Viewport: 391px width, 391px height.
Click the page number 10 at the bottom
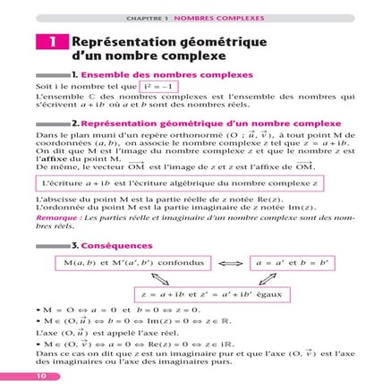[x=41, y=376]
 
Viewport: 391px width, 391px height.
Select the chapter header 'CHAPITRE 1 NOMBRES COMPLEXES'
[x=194, y=16]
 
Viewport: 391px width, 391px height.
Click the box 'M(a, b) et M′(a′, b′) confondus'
[x=135, y=264]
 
